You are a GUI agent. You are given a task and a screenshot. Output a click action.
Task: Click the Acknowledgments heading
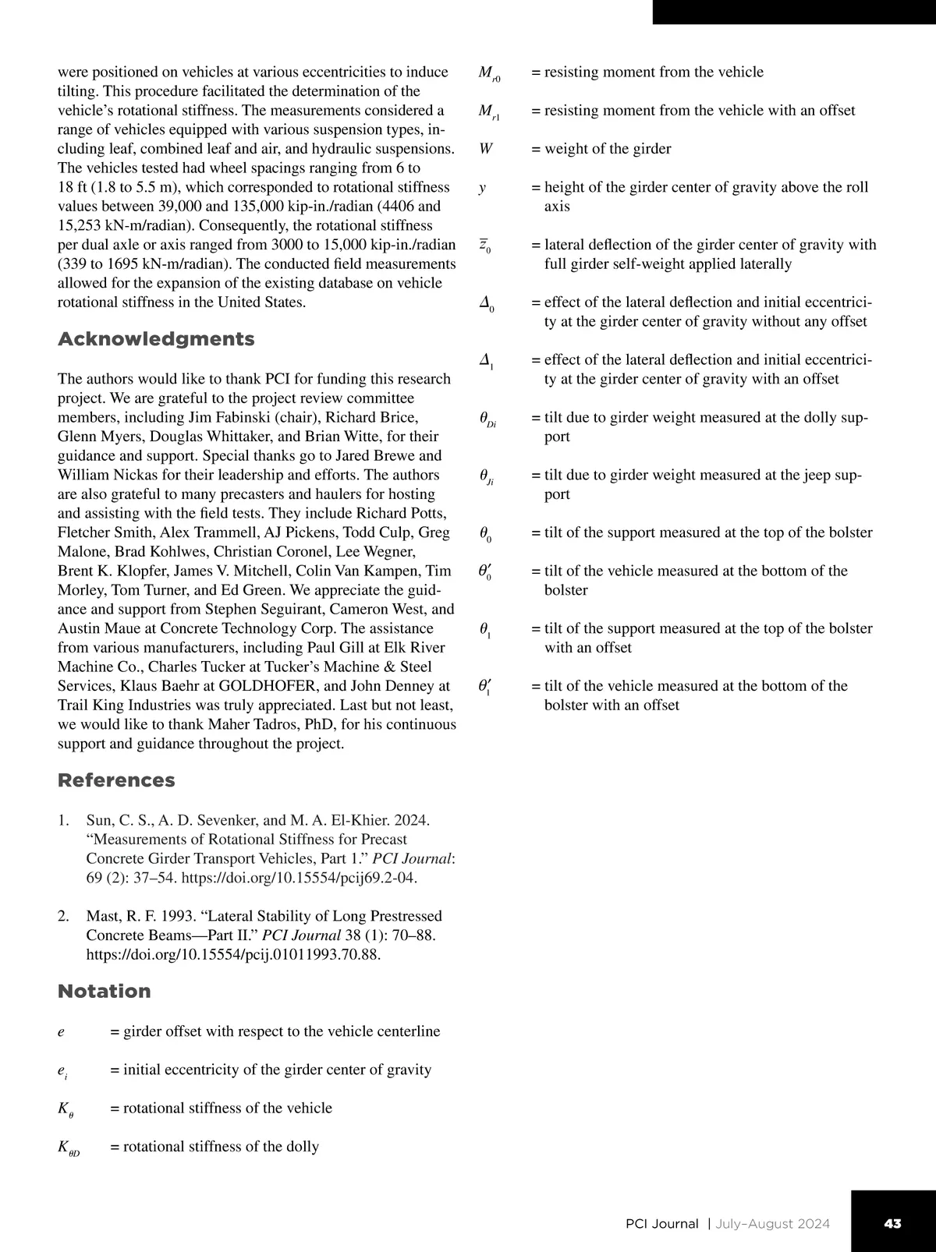pyautogui.click(x=156, y=339)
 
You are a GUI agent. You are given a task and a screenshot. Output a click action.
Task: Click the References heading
pyautogui.click(x=116, y=780)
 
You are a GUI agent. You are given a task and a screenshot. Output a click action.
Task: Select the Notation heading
pyautogui.click(x=105, y=991)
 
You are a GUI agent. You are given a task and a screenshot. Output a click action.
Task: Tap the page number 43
pyautogui.click(x=892, y=1223)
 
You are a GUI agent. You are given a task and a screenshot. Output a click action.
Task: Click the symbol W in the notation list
pyautogui.click(x=486, y=148)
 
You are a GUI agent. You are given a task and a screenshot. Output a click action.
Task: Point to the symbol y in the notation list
pyautogui.click(x=483, y=188)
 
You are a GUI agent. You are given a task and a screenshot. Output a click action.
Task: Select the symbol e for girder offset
pyautogui.click(x=62, y=1032)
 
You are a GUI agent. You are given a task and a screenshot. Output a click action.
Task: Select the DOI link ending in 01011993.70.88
pyautogui.click(x=233, y=954)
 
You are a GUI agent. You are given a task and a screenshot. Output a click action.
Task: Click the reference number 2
pyautogui.click(x=63, y=916)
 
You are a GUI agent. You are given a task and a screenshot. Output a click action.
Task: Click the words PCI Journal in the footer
pyautogui.click(x=661, y=1223)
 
